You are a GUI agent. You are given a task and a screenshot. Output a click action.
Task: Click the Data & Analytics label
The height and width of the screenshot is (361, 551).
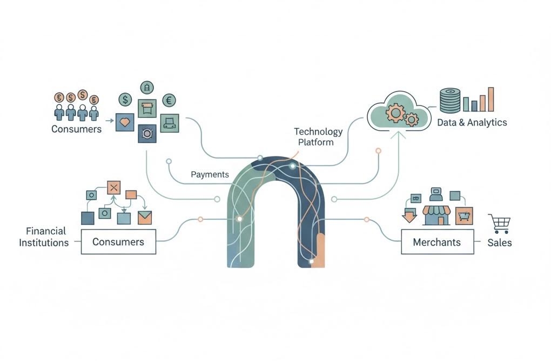(x=472, y=122)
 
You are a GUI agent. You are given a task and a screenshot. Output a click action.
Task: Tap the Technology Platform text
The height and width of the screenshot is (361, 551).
(x=318, y=137)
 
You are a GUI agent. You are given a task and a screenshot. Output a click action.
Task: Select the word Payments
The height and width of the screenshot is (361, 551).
(x=210, y=175)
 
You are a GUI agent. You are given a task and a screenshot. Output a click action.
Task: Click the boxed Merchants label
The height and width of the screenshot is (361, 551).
(x=436, y=241)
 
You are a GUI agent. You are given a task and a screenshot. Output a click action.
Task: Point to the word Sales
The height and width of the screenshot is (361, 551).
(x=499, y=242)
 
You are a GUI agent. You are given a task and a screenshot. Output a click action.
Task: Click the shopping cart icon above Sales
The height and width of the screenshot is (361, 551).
(x=499, y=223)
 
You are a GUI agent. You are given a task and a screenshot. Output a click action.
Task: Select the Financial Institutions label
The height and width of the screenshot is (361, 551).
(x=44, y=237)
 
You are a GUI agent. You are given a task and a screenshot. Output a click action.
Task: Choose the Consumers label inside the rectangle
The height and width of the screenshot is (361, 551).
(x=118, y=241)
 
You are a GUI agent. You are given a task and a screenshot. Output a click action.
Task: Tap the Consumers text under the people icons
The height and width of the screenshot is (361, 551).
(x=76, y=129)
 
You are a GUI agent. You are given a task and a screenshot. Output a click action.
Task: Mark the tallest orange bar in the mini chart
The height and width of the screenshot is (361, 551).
(x=490, y=99)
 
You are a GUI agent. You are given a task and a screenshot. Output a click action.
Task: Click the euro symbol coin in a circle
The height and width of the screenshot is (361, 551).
(x=169, y=100)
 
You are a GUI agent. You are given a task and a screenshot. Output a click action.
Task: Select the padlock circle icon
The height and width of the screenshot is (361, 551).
(x=146, y=87)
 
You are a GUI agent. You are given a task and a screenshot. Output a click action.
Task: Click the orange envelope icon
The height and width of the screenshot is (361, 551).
(x=144, y=218)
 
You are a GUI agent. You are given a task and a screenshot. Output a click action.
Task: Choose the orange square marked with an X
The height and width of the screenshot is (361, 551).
(x=113, y=188)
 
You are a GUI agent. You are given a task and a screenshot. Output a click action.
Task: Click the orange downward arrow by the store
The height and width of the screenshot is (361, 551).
(x=409, y=216)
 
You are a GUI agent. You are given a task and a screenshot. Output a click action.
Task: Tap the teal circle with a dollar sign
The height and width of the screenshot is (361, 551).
(x=125, y=100)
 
